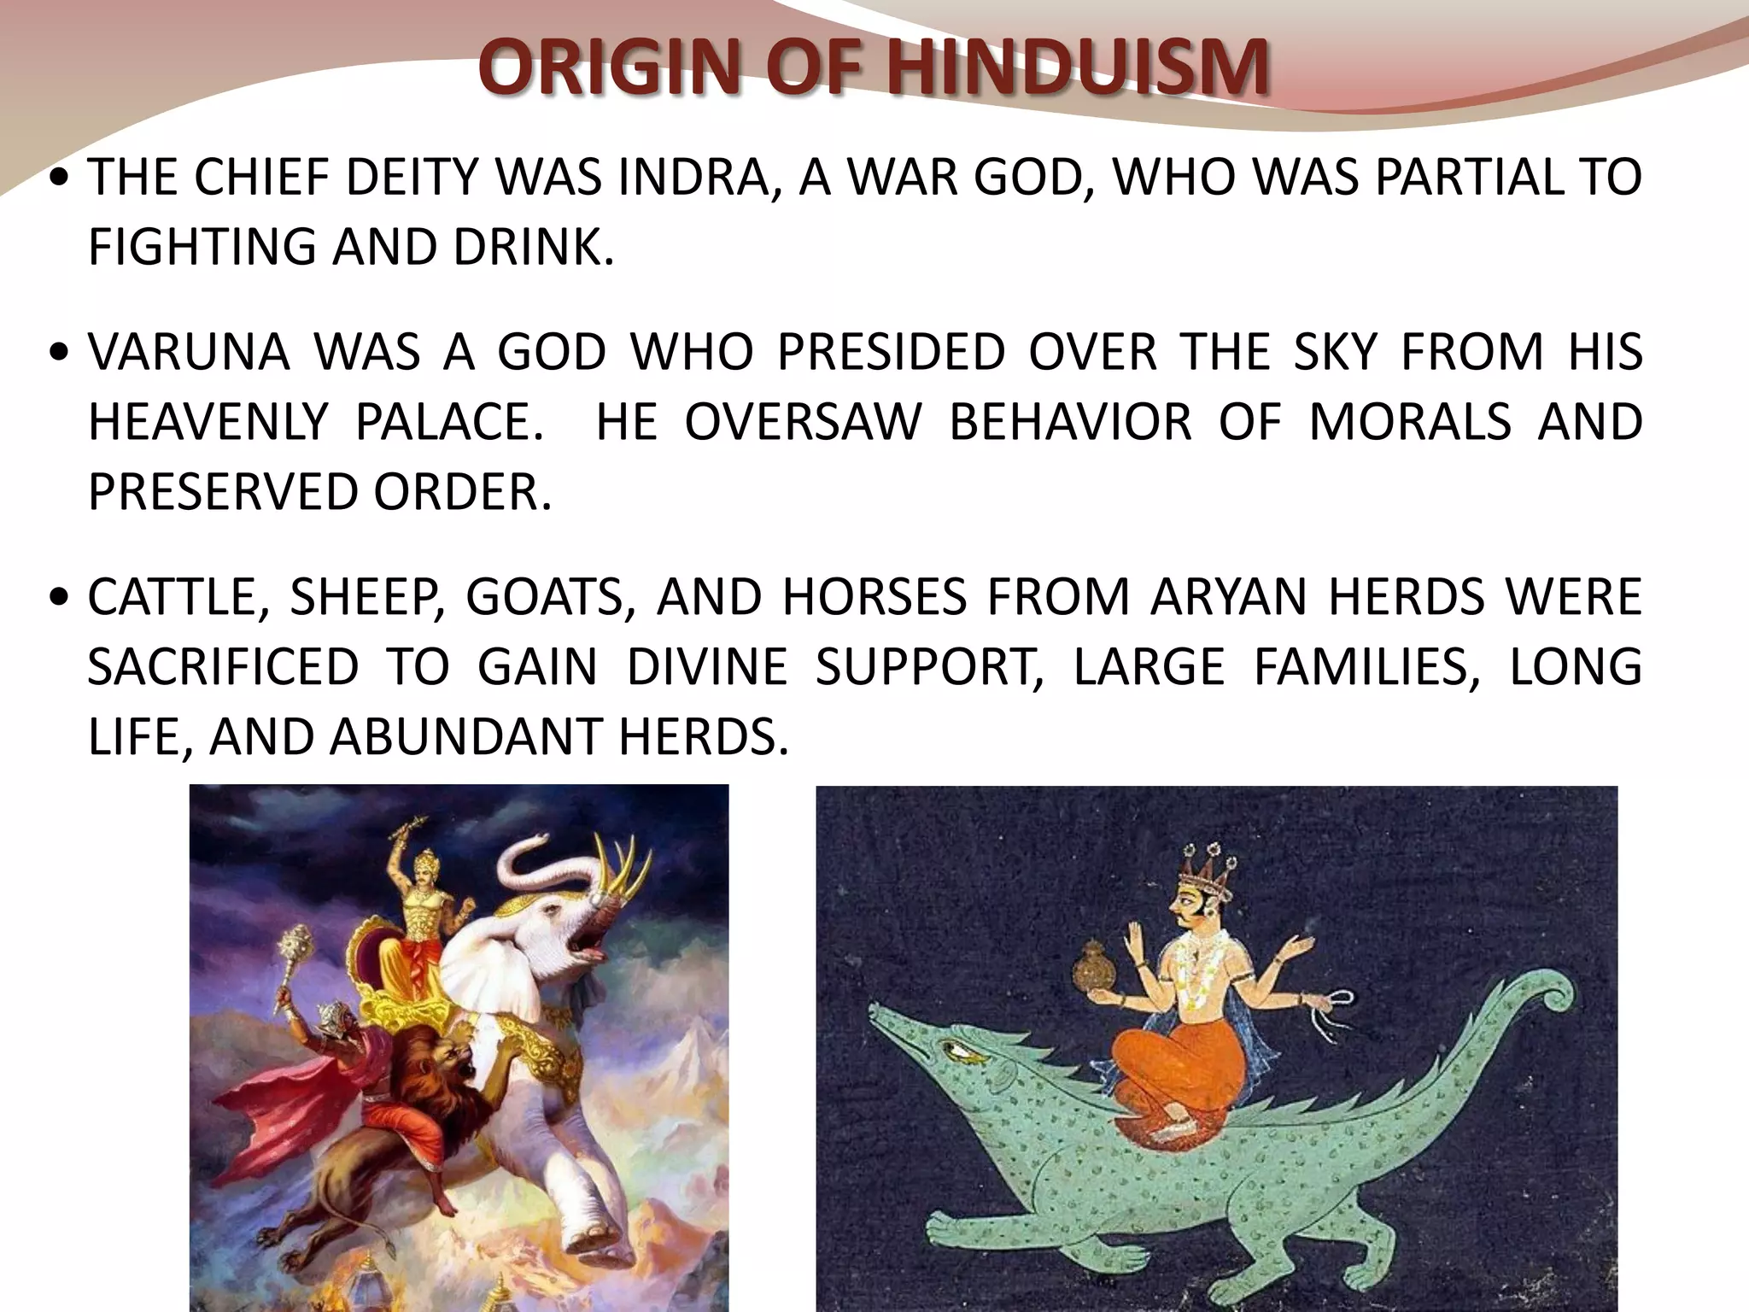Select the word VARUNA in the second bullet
click(x=189, y=352)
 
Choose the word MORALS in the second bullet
click(x=1410, y=422)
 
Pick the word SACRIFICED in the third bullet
click(x=223, y=666)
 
